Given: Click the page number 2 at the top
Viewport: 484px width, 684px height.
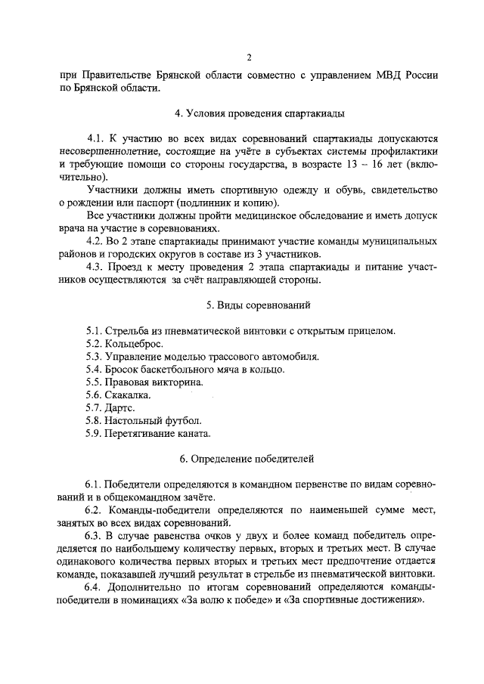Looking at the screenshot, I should tap(248, 57).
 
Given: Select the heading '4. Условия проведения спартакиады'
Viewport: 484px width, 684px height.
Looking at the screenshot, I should tap(249, 113).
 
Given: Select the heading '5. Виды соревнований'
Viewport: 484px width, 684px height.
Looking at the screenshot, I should tap(249, 305).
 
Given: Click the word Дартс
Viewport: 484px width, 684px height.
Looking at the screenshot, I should tap(120, 408).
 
